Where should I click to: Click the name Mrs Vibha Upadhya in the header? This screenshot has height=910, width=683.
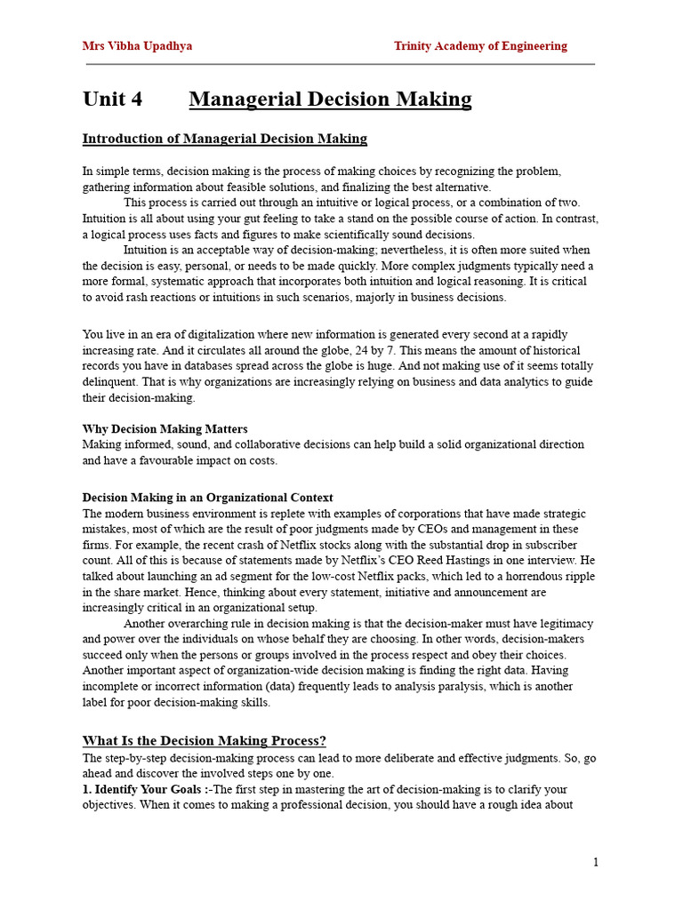[x=137, y=46]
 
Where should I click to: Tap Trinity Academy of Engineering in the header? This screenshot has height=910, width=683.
[x=480, y=46]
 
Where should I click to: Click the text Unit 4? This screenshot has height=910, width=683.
[x=112, y=99]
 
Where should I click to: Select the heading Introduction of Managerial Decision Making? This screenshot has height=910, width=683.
[x=224, y=139]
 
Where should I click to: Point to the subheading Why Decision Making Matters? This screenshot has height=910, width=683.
[x=165, y=429]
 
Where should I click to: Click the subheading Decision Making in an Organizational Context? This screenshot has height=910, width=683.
[x=207, y=498]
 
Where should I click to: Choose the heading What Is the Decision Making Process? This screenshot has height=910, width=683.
[x=205, y=740]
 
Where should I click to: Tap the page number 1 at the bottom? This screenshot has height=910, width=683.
[x=595, y=862]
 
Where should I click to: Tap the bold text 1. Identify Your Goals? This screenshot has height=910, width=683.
[x=142, y=789]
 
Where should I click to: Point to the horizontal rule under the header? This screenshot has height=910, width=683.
[x=341, y=64]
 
